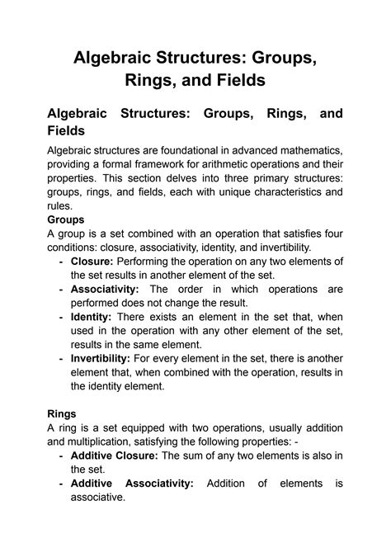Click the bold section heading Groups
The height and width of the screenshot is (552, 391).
click(66, 220)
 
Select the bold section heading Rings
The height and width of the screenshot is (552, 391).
click(64, 413)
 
